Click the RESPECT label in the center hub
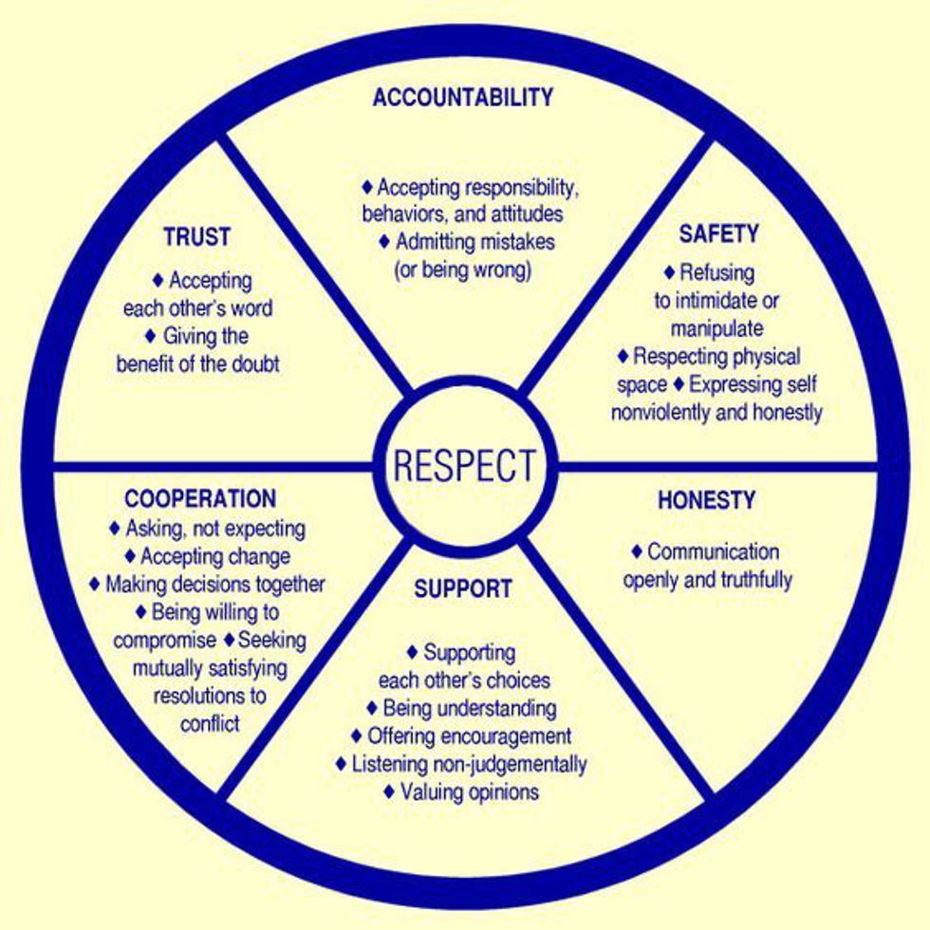[464, 466]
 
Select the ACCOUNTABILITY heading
[463, 97]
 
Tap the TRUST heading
[197, 236]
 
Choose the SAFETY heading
[718, 233]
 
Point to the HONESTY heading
[706, 500]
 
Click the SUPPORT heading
[463, 588]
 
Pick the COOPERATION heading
[200, 498]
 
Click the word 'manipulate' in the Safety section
[717, 329]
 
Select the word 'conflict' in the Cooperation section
[210, 723]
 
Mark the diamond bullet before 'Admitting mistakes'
[384, 241]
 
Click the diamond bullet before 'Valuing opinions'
[389, 791]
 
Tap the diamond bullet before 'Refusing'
[669, 272]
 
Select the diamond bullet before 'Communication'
[637, 551]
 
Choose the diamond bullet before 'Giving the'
[151, 336]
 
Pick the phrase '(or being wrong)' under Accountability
[463, 270]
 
